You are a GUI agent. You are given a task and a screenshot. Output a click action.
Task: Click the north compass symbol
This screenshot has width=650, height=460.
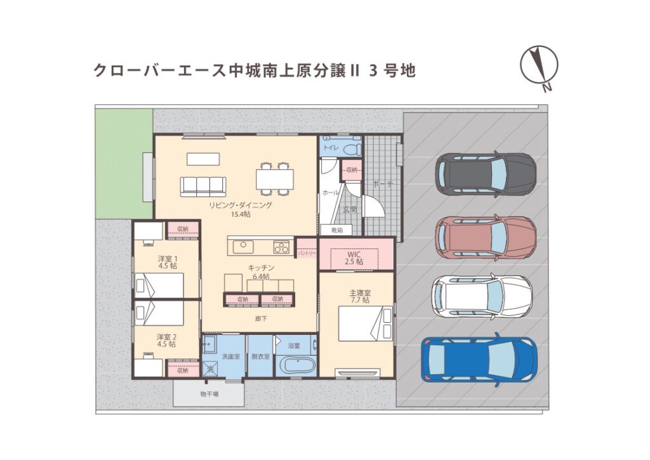coord(539,66)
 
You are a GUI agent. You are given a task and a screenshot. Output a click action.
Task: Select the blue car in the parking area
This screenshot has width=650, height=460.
coord(479,360)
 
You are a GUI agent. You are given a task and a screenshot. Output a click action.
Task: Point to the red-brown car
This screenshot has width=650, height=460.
coord(486,236)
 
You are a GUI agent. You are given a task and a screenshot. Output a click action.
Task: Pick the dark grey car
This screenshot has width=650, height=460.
coord(486,173)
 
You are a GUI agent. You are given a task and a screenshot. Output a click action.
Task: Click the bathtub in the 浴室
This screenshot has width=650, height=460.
coord(297,367)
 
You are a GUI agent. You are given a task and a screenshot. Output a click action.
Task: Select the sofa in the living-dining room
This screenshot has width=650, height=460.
coord(203,186)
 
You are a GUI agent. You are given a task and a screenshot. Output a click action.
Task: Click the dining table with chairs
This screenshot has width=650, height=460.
coord(275,177)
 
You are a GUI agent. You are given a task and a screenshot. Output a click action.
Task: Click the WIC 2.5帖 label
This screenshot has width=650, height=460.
coord(354,257)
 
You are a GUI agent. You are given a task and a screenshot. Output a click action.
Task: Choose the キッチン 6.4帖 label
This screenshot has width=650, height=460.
coord(260,272)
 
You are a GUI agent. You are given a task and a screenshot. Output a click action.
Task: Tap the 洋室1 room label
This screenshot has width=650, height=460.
coord(167,262)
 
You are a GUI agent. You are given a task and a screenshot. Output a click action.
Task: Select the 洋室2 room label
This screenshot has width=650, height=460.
coord(167,340)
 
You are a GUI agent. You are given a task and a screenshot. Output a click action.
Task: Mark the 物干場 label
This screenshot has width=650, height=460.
coord(209,395)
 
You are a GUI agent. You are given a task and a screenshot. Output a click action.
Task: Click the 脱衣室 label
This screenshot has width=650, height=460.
coord(260,356)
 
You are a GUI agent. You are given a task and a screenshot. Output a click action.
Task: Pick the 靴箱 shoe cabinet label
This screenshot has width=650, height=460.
coord(336,229)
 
